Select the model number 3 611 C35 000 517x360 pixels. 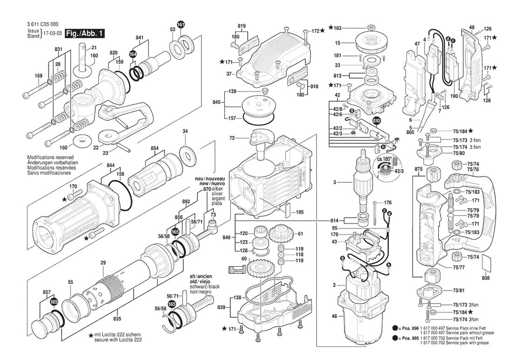37,26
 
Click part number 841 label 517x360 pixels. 139,37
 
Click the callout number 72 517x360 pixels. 232,138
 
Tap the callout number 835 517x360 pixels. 117,318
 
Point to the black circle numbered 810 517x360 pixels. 377,121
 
